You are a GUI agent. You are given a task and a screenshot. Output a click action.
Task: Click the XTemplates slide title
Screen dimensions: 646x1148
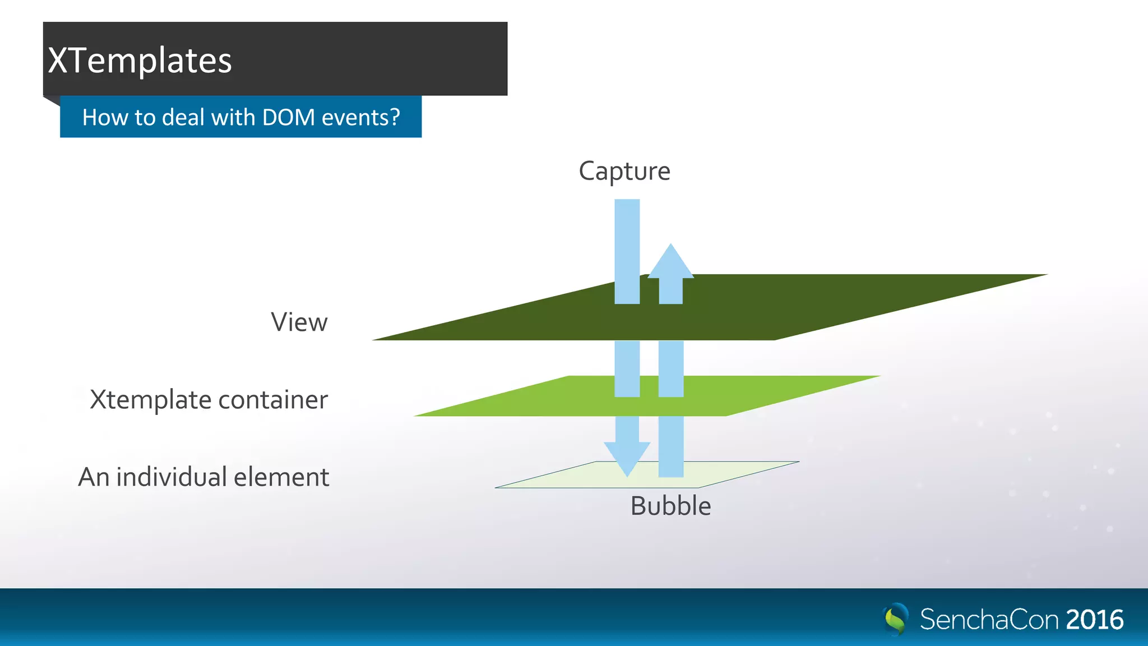[140, 61]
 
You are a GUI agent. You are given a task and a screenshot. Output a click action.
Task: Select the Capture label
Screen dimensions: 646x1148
[624, 171]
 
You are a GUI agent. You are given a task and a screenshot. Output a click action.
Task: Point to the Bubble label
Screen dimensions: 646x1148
[670, 506]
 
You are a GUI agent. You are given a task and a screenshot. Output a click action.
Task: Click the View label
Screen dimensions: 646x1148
[299, 322]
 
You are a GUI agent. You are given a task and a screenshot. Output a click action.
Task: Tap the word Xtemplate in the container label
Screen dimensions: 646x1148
[150, 400]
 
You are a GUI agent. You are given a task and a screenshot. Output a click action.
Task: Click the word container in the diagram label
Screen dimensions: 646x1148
[272, 400]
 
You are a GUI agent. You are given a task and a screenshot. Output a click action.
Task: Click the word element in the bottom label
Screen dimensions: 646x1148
[281, 477]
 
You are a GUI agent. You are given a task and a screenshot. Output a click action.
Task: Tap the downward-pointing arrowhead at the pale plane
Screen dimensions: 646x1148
[627, 457]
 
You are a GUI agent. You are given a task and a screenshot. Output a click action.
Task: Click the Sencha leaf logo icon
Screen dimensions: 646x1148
[896, 619]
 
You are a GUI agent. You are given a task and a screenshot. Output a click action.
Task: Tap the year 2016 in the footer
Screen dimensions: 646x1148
[1094, 620]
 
